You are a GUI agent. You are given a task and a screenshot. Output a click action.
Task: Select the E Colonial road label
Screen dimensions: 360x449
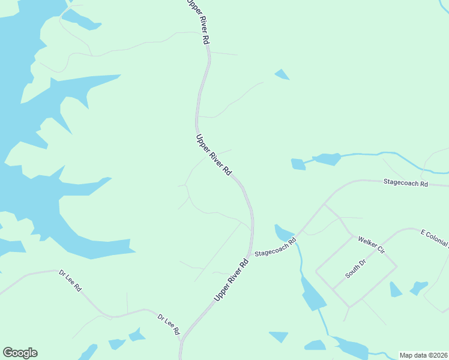(x=434, y=238)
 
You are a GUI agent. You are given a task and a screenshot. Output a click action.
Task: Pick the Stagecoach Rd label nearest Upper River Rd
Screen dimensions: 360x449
(x=276, y=248)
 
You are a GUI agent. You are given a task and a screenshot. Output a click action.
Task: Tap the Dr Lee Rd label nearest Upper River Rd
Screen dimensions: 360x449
(x=169, y=324)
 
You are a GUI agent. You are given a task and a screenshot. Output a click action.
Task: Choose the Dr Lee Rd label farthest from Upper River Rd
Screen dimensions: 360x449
(x=70, y=280)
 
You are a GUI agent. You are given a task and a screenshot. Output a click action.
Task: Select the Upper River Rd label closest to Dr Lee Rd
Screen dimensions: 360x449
(x=231, y=281)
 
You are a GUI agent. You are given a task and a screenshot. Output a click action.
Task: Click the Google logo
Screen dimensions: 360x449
(x=20, y=353)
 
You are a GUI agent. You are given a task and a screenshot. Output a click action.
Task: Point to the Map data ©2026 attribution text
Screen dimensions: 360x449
(x=423, y=355)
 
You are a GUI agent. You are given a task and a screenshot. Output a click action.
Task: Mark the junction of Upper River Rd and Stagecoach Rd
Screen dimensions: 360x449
(x=252, y=253)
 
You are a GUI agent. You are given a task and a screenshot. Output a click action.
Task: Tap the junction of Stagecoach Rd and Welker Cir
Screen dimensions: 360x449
(x=325, y=204)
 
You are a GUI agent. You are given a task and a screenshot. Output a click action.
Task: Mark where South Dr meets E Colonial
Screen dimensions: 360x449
(x=397, y=266)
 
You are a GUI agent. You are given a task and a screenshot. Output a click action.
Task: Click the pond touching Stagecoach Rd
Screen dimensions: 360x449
(x=283, y=232)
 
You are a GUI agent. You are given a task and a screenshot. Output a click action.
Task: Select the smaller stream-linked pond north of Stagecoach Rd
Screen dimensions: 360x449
(x=298, y=164)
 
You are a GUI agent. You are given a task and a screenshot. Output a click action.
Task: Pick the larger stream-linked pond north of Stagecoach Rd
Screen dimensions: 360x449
(x=327, y=159)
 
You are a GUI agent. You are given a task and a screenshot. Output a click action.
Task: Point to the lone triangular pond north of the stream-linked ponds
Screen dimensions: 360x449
(x=282, y=75)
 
